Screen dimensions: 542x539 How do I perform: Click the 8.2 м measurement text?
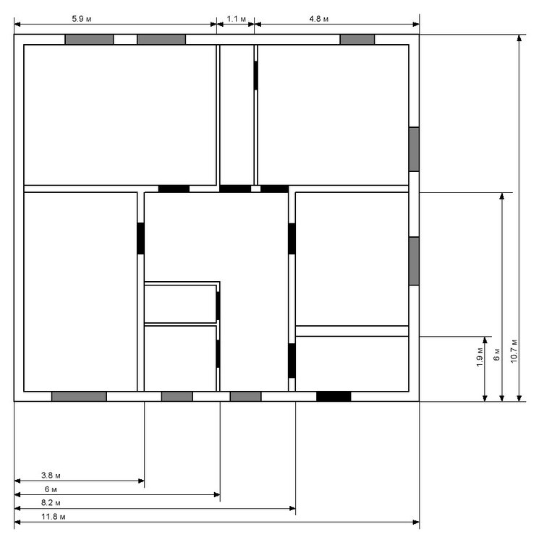[51, 502]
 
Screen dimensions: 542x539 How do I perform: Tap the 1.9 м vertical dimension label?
[479, 360]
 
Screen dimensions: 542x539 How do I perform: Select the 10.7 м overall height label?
[514, 352]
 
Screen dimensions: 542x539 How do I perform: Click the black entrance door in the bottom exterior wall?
[334, 396]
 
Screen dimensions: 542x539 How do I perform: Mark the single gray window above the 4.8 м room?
[357, 39]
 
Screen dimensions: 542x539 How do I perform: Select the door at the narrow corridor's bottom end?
[235, 189]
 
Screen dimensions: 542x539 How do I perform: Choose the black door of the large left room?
[141, 238]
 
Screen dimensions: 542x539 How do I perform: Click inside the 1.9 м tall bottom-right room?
[352, 363]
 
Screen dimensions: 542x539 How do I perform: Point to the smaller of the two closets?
[180, 304]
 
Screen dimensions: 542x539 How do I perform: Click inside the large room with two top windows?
[120, 114]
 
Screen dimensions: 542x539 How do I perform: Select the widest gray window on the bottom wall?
[79, 396]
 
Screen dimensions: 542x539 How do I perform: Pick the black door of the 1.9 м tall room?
[292, 360]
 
